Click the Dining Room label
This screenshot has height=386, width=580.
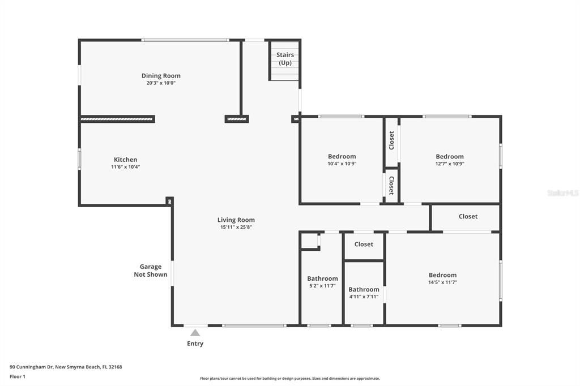point(161,76)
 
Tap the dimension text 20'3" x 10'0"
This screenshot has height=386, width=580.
point(161,83)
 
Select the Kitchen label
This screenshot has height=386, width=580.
point(125,160)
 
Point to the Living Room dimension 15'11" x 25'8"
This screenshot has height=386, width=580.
point(236,227)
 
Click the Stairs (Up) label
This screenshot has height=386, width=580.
point(285,59)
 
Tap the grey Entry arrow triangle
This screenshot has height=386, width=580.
point(195,333)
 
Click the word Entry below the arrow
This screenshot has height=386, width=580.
point(195,344)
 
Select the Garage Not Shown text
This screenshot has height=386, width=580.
point(151,271)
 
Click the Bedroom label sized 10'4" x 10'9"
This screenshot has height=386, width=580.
point(342,157)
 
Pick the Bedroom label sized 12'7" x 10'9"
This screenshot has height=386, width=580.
point(450,157)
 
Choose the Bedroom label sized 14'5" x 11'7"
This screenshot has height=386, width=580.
point(442,275)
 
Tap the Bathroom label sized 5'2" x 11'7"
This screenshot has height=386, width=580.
point(322,278)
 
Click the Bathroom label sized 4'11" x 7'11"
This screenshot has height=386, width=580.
point(364,289)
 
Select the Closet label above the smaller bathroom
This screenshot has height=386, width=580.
point(364,245)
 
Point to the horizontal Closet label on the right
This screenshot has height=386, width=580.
point(468,216)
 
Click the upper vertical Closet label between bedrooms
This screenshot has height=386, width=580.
point(391,141)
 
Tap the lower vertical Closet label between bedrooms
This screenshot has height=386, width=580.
point(391,186)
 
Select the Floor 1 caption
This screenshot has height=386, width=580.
point(18,376)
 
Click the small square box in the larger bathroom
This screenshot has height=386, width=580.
point(309,241)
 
